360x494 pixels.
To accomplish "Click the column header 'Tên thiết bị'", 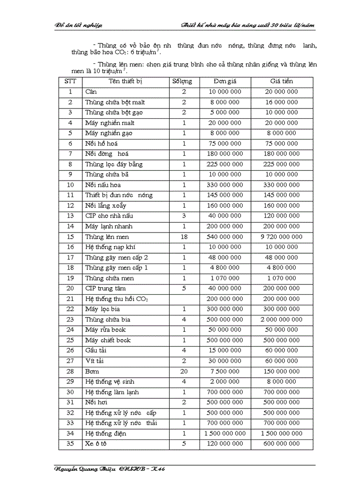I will [x=125, y=81].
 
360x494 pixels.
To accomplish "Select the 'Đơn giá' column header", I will [x=225, y=81].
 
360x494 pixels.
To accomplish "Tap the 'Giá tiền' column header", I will [x=281, y=81].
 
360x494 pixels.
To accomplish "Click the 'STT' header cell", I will [x=70, y=81].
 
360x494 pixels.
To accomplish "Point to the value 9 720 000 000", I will [x=282, y=237].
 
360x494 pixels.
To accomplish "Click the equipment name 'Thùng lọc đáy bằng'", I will [x=114, y=164].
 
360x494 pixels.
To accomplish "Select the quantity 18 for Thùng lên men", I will [x=184, y=237].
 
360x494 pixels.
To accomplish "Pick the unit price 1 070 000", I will [x=225, y=278].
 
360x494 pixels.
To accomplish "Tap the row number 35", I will [x=70, y=444].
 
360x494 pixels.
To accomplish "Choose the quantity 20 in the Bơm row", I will [x=184, y=371].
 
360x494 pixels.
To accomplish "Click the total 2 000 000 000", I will [x=282, y=320].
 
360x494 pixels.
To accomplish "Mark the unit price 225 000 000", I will [x=225, y=164].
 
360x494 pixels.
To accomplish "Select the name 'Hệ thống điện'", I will [x=105, y=433].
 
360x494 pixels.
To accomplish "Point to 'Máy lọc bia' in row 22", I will [x=102, y=309].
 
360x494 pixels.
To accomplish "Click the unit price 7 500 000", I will [x=225, y=371].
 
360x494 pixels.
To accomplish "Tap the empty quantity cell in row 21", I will [x=184, y=299].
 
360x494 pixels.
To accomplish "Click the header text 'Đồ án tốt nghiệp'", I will [x=79, y=25].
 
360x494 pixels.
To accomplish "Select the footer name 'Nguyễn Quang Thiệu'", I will [x=85, y=469].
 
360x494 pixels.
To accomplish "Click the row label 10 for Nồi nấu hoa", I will [x=70, y=185].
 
